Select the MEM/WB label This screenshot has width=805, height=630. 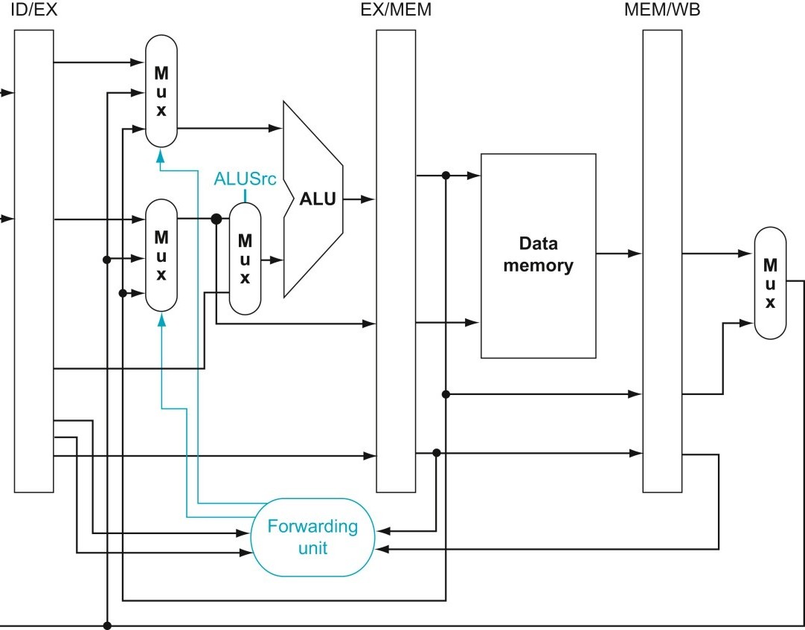[x=661, y=10]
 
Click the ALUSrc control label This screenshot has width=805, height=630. [x=245, y=179]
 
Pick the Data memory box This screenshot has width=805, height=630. [x=538, y=255]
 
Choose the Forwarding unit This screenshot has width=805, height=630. [x=312, y=537]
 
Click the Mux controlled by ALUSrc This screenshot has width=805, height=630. [x=245, y=259]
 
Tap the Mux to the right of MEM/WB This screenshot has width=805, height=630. [x=770, y=283]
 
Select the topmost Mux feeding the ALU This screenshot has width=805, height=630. [x=161, y=91]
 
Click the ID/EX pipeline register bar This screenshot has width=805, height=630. [x=34, y=260]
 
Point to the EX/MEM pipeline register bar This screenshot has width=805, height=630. [x=395, y=260]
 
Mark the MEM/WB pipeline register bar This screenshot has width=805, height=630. [x=662, y=260]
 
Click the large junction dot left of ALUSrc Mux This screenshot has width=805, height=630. [x=217, y=219]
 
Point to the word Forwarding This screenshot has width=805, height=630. [x=312, y=527]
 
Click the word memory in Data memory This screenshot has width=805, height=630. [x=538, y=266]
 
